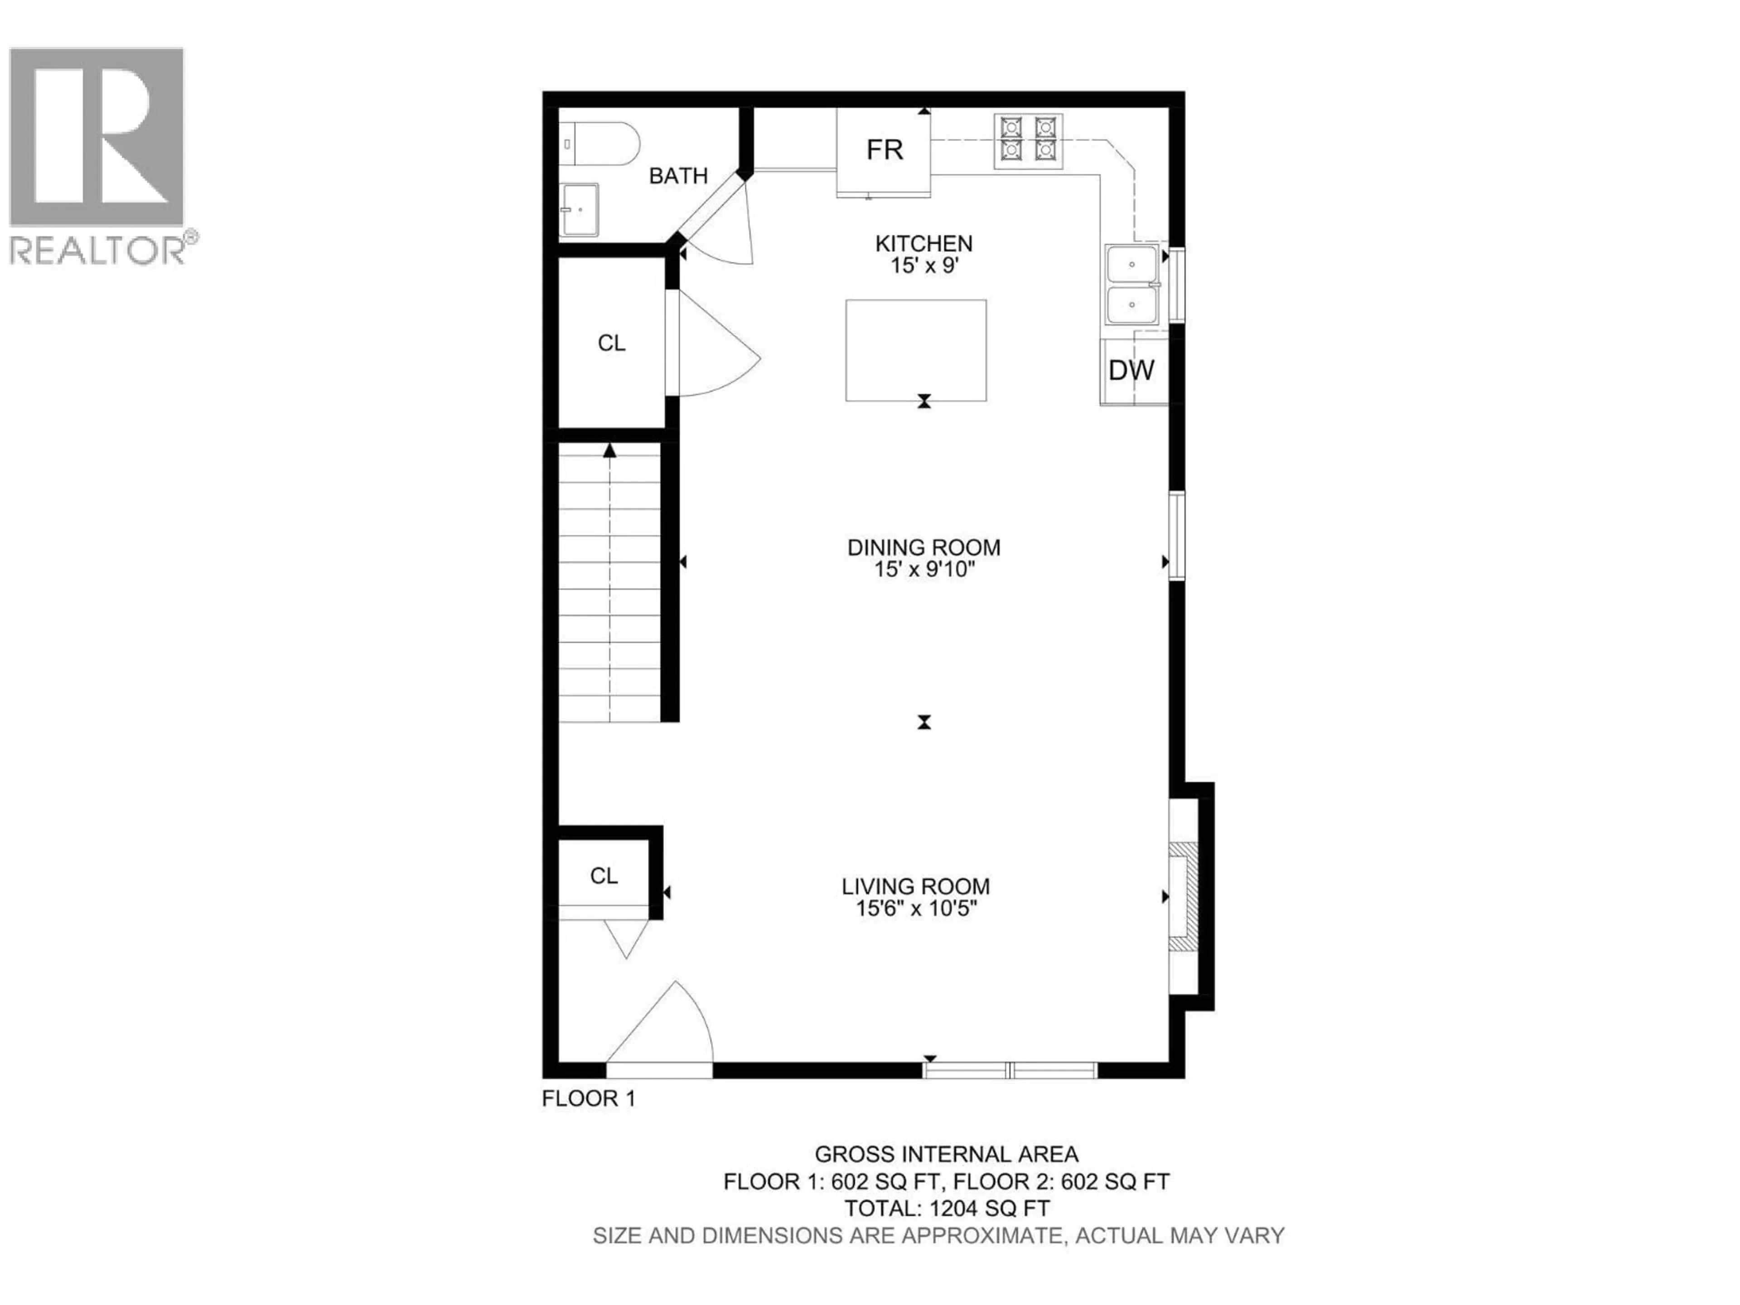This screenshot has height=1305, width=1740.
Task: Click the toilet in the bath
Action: point(602,144)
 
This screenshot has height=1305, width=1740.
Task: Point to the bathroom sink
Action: point(579,210)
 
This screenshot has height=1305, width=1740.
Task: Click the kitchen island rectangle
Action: point(916,350)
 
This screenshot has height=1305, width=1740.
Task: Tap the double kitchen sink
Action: point(1132,285)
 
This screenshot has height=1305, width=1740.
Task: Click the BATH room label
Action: point(678,176)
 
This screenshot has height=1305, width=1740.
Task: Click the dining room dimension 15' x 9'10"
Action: point(924,570)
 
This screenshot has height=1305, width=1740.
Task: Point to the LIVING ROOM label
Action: point(916,886)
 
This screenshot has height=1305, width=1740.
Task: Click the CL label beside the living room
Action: point(604,875)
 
